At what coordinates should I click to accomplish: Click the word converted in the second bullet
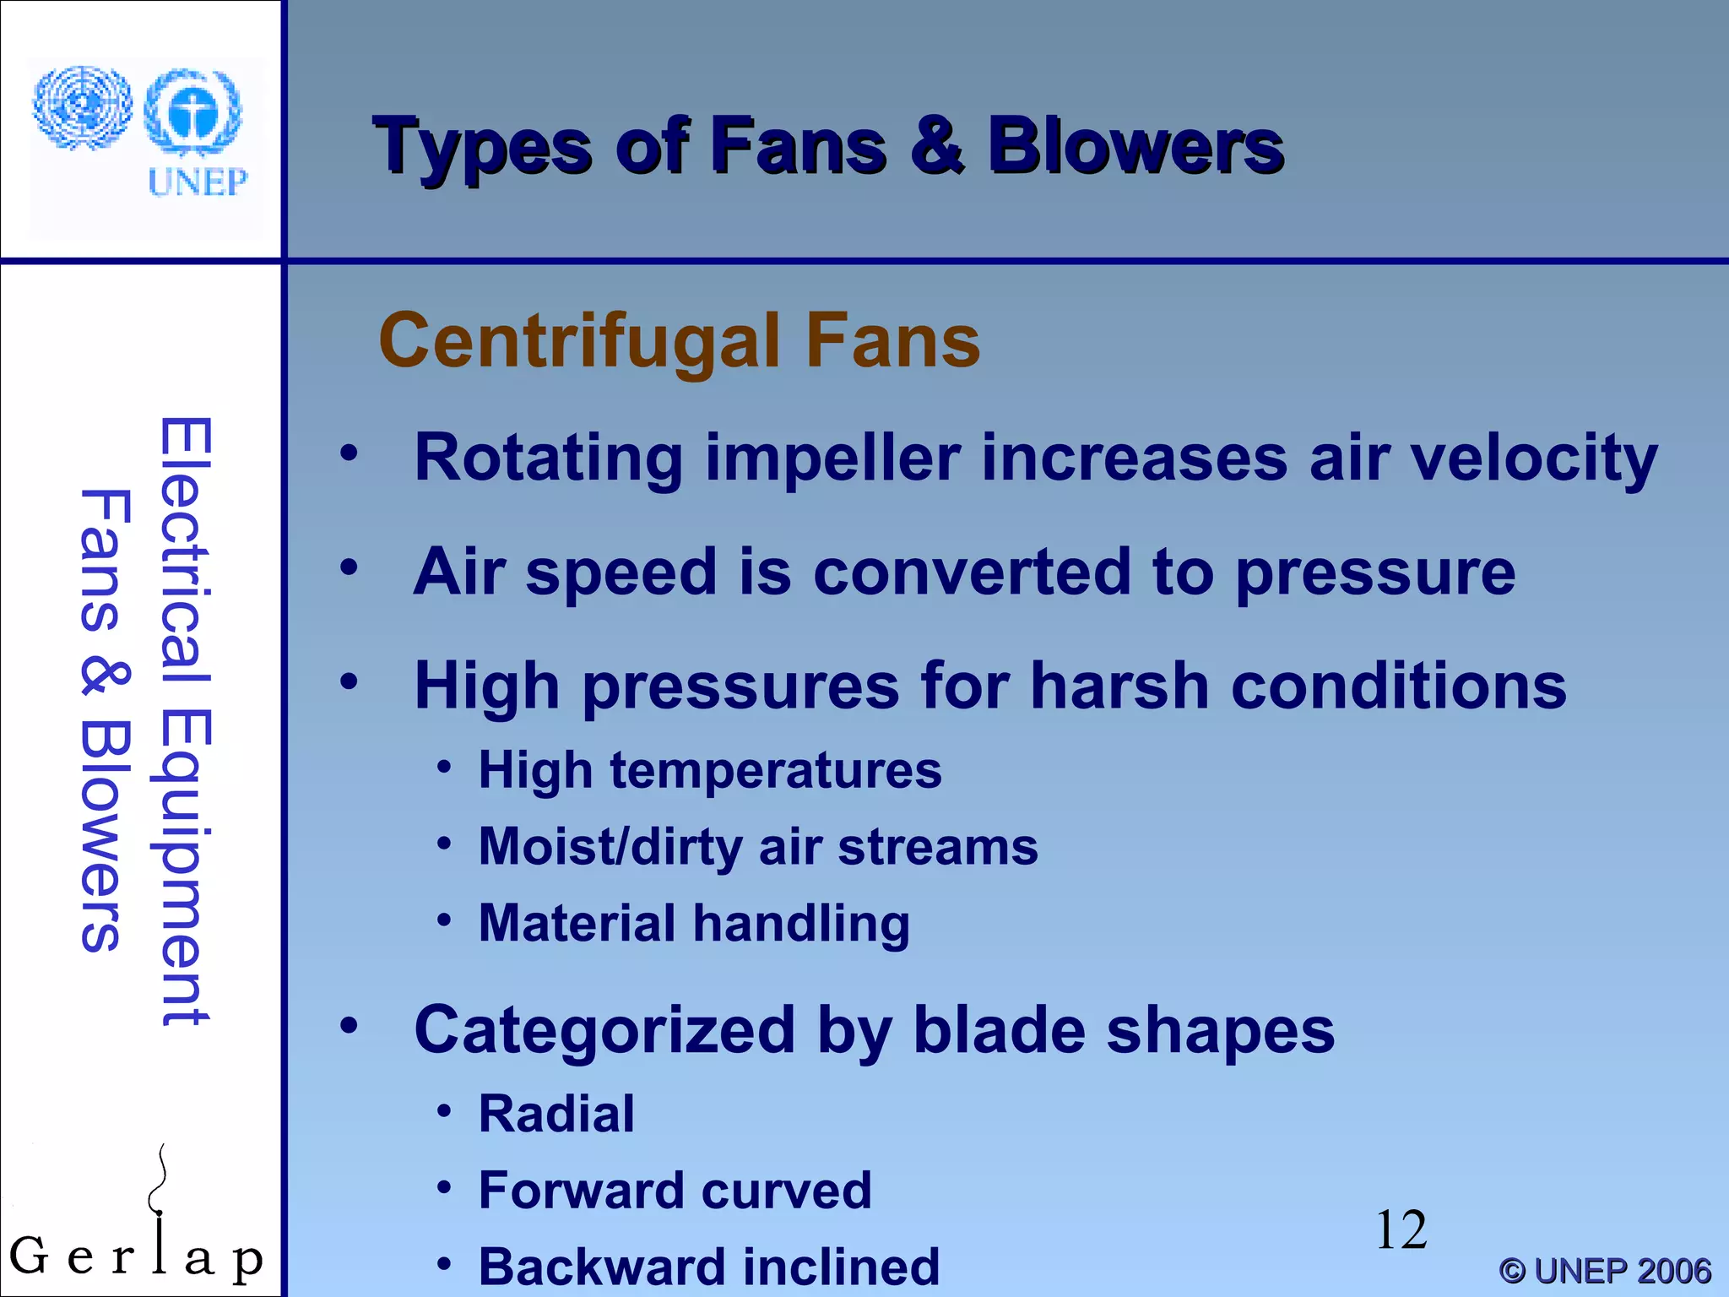[971, 573]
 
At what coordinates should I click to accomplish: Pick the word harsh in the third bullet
[1119, 686]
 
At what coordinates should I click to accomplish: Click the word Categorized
[604, 1031]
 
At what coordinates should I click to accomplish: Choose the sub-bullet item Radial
[556, 1114]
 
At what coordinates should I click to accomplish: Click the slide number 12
[1401, 1230]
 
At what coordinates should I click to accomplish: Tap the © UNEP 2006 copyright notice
[1604, 1271]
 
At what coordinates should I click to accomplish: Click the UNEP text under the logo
[198, 182]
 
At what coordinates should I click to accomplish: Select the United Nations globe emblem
[82, 107]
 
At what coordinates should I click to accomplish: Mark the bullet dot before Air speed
[349, 567]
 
